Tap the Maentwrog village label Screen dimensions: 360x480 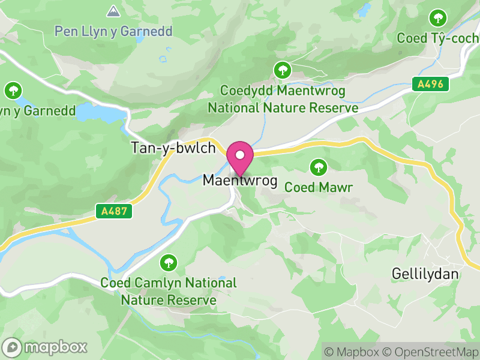point(240,180)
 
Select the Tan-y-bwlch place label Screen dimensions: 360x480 point(173,148)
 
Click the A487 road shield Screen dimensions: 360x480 point(113,211)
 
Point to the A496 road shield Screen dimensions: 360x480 point(431,85)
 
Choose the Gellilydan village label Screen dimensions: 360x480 point(425,274)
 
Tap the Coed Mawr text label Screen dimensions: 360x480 point(318,187)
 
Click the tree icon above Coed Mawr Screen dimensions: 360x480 point(318,166)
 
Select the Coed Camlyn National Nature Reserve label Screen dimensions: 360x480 point(169,291)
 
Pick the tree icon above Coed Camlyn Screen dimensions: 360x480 point(169,262)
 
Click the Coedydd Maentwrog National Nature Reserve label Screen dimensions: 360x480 point(283,100)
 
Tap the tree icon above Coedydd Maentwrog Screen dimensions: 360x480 point(281,70)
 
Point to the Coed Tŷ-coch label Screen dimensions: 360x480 point(438,38)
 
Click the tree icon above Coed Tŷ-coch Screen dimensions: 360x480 point(439,17)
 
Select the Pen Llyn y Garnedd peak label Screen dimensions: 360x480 point(113,31)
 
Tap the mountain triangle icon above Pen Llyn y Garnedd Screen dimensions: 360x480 point(112,11)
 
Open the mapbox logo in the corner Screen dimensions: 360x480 point(46,347)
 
